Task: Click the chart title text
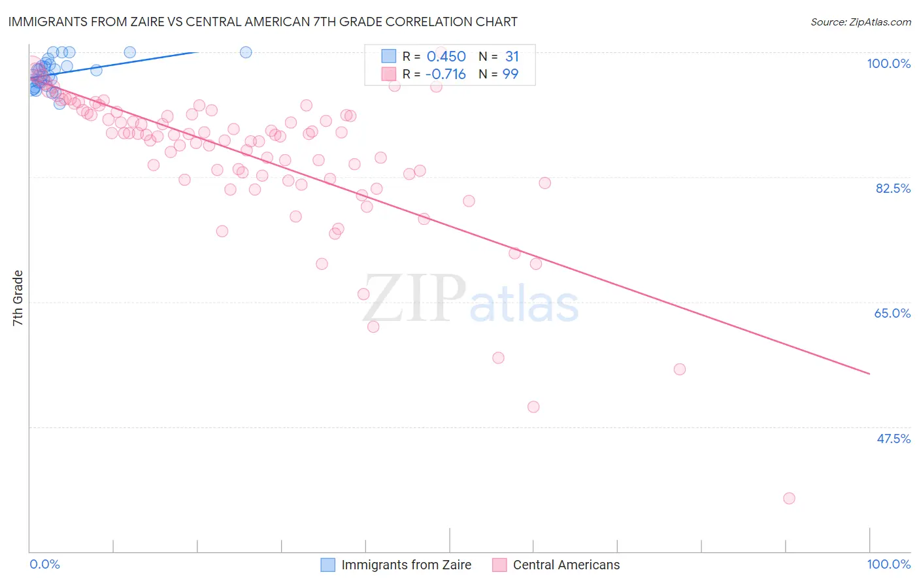coord(262,22)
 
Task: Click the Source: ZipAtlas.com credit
coord(860,22)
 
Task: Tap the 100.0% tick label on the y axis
coord(888,63)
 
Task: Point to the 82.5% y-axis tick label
coord(893,188)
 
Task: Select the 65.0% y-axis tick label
coord(892,313)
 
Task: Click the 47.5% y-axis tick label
coord(893,439)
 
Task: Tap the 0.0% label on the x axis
coord(44,564)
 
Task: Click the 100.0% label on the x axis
coord(888,564)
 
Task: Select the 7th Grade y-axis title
coord(18,298)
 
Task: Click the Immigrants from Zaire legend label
coord(406,565)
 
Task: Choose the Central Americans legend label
coord(566,565)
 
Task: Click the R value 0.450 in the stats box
coord(446,56)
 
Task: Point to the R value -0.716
coord(445,74)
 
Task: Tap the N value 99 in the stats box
coord(510,74)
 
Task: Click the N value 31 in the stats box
coord(512,56)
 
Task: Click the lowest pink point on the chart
coord(789,498)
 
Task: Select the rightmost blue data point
coord(246,52)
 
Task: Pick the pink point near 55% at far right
coord(680,369)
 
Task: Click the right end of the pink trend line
coord(869,374)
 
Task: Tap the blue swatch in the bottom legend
coord(328,565)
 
